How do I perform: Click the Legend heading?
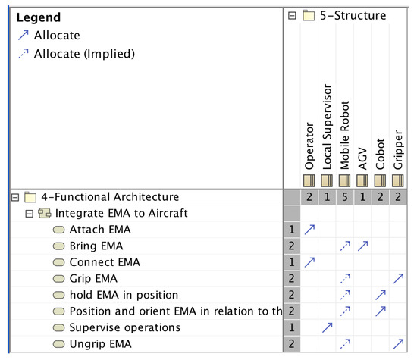[39, 17]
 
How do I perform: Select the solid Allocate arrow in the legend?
[22, 36]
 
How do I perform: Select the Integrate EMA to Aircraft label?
[121, 213]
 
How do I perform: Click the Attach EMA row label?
[99, 230]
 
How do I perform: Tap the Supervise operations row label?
[124, 327]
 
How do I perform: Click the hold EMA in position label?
[124, 295]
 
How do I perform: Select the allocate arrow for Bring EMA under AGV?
[363, 246]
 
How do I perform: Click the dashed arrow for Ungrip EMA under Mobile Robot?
[345, 343]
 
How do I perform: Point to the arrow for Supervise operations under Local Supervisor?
[327, 327]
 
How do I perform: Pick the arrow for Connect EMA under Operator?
[309, 262]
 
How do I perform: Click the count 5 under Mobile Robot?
[345, 197]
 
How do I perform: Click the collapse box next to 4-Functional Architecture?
[14, 197]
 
